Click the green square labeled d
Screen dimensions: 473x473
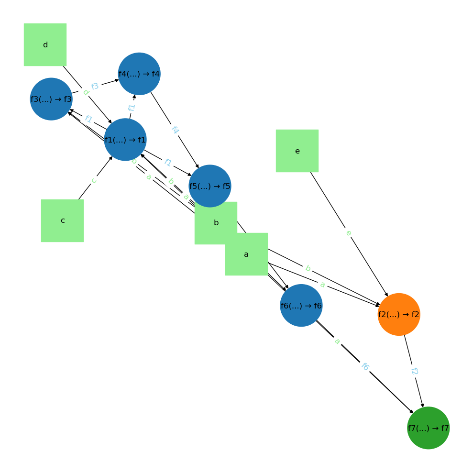[x=45, y=44]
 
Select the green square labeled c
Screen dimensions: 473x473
[x=62, y=220]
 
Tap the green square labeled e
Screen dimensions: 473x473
[x=297, y=151]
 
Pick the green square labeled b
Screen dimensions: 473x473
[x=216, y=222]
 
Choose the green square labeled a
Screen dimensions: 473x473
[x=246, y=254]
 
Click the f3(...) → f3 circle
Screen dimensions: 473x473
[x=51, y=99]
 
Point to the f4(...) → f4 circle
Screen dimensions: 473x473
[x=139, y=74]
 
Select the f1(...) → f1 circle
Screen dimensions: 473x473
[x=125, y=140]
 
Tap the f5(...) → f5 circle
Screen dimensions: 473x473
[x=210, y=186]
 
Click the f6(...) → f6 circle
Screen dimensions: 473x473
[x=301, y=306]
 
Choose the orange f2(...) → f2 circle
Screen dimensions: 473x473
[x=399, y=314]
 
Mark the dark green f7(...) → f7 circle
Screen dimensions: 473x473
[x=429, y=428]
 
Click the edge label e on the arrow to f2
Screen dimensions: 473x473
[x=348, y=233]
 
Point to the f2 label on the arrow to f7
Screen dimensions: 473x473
[x=414, y=371]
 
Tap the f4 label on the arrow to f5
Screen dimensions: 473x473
[x=175, y=130]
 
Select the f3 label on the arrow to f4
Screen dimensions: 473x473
[x=95, y=86]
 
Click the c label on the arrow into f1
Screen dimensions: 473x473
[x=94, y=180]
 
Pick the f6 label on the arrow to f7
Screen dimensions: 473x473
[x=365, y=367]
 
